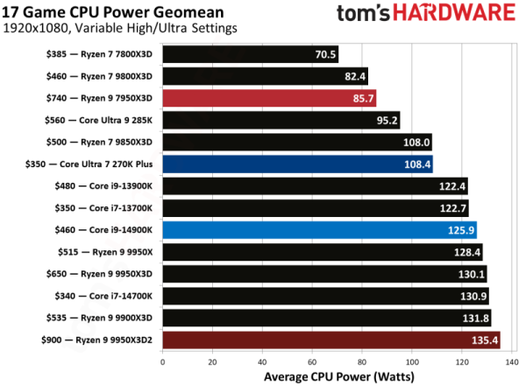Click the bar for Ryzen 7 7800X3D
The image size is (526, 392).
250,54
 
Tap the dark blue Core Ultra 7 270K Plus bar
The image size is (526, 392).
297,164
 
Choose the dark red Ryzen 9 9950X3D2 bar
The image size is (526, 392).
331,339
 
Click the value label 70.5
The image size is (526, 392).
323,54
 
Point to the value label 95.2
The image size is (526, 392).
386,120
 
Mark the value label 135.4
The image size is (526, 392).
485,339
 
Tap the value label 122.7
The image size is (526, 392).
453,208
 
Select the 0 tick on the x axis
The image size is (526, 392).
162,360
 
